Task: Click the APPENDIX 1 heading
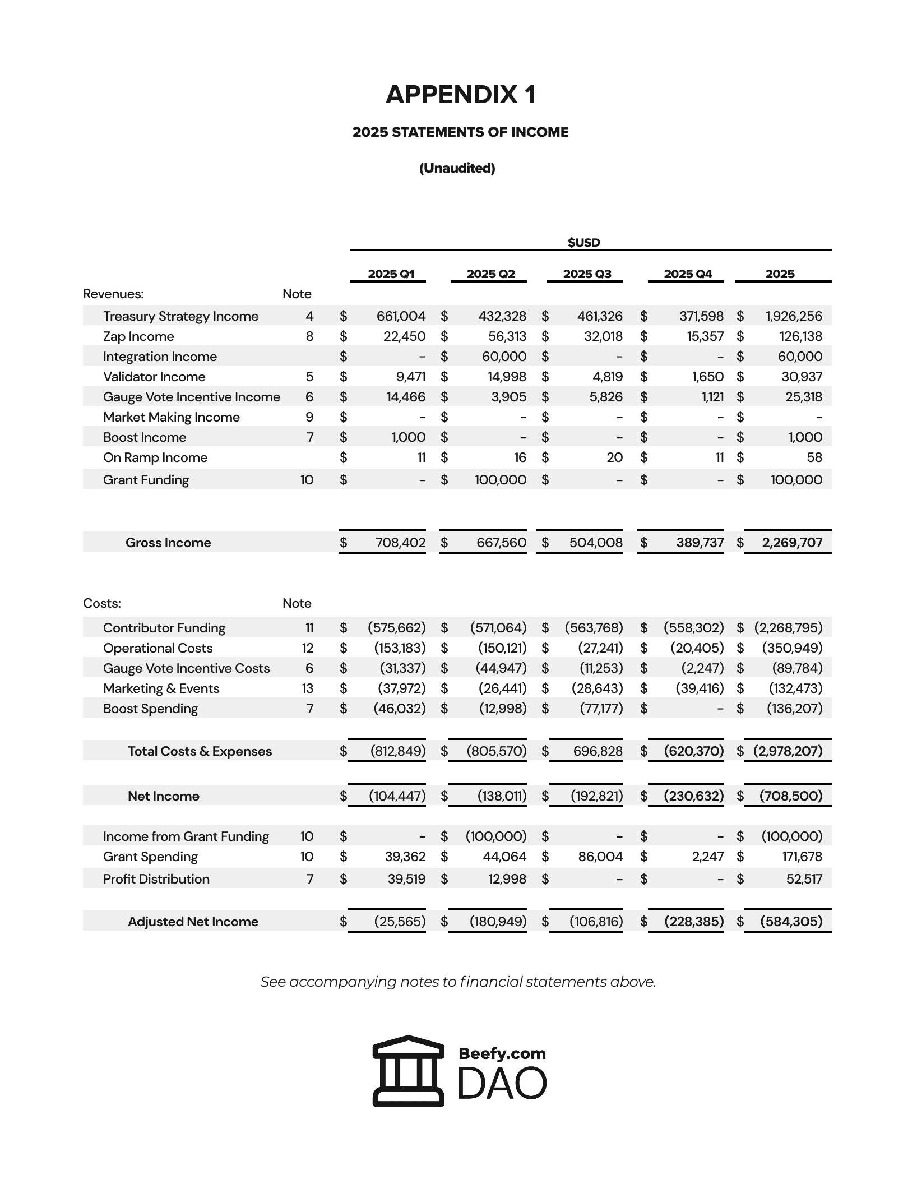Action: click(x=460, y=94)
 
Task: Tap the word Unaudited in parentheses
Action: click(x=457, y=168)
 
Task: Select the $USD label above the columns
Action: click(x=583, y=242)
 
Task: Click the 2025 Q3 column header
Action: click(x=587, y=274)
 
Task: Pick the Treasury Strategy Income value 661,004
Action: click(x=401, y=316)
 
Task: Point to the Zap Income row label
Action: click(x=138, y=336)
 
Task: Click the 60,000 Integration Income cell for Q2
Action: click(x=504, y=357)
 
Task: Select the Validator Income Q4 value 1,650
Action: click(x=708, y=377)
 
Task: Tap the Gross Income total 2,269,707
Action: click(x=792, y=543)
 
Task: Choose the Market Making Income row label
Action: click(x=171, y=417)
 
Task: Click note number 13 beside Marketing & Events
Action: click(x=308, y=688)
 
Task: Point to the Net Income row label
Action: click(x=163, y=796)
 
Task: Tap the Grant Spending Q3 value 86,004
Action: click(x=600, y=857)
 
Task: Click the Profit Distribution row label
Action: click(x=156, y=879)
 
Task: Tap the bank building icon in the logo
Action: click(x=408, y=1070)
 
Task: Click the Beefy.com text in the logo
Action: click(x=502, y=1053)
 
